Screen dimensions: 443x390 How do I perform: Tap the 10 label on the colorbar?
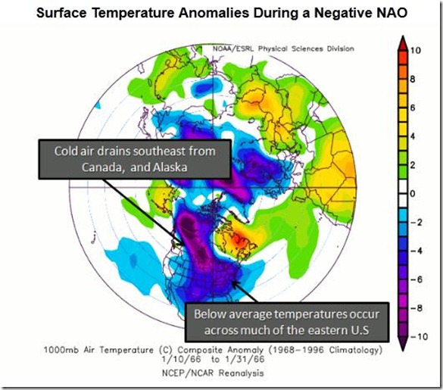click(x=416, y=51)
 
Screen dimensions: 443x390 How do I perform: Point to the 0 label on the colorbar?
click(x=413, y=194)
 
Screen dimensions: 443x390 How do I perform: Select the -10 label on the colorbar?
click(x=419, y=337)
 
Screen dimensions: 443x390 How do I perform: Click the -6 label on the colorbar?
click(x=416, y=279)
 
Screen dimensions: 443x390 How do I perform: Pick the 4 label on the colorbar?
click(x=413, y=136)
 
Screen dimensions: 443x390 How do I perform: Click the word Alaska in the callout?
click(x=170, y=167)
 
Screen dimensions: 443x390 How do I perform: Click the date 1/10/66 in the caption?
click(x=182, y=360)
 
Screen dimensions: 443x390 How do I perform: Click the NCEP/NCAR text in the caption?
click(x=188, y=373)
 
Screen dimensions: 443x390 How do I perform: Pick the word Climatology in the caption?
click(x=355, y=351)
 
